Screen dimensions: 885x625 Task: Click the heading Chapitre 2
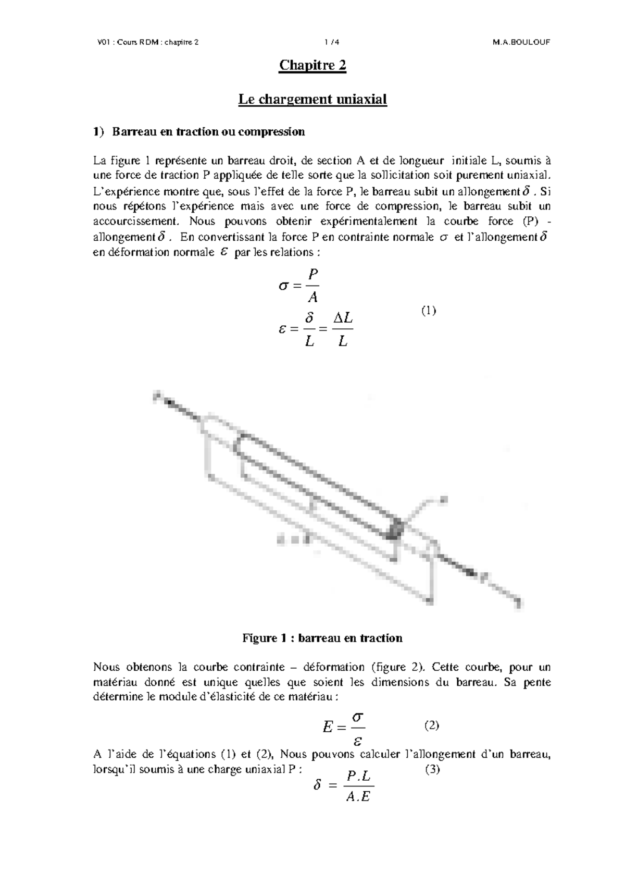click(x=312, y=66)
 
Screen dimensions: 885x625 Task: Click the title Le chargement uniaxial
click(x=312, y=99)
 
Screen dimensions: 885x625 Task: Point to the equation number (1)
click(x=428, y=311)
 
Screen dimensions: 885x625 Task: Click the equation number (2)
click(x=431, y=725)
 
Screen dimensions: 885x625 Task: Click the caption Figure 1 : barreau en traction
click(x=322, y=638)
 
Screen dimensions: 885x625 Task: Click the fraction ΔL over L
click(x=342, y=329)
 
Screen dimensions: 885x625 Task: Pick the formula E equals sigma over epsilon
click(x=344, y=727)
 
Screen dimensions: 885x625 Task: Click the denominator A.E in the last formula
click(x=357, y=797)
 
